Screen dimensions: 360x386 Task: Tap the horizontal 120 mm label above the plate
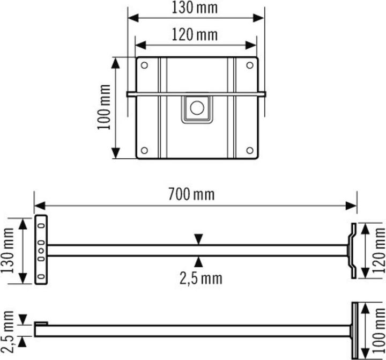click(x=195, y=35)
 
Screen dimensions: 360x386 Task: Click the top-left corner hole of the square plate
click(x=144, y=65)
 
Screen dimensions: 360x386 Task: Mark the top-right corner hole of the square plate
click(x=250, y=65)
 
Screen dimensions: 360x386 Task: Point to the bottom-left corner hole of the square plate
click(x=144, y=151)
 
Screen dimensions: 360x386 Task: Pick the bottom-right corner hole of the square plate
click(x=250, y=151)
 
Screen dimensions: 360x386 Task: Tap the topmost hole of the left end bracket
click(x=40, y=224)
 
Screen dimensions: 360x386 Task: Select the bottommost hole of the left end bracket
click(x=40, y=276)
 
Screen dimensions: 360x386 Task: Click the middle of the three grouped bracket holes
click(x=40, y=251)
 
